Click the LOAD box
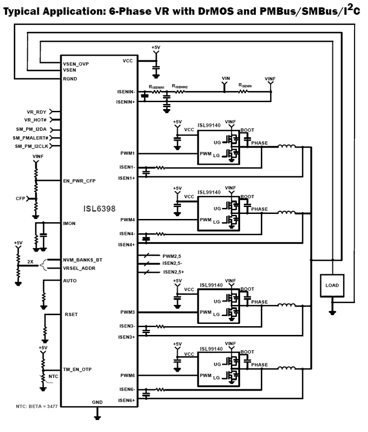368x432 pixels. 332,285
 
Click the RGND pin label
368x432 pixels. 71,79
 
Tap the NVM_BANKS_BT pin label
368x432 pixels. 83,260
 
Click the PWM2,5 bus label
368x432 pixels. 172,255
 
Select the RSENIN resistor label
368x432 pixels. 245,85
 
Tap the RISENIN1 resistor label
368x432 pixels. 158,86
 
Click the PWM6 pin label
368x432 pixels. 127,376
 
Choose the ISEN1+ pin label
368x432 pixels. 126,178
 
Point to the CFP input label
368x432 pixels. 21,199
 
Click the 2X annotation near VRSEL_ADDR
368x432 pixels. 30,261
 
